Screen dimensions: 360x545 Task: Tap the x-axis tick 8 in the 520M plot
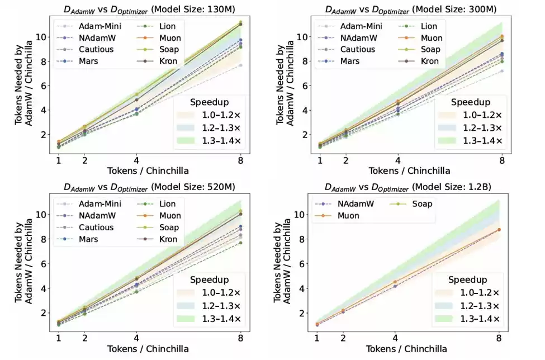[x=240, y=338]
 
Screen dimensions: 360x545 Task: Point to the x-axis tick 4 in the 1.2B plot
[x=396, y=338]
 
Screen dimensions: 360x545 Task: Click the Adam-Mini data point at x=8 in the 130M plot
[x=240, y=65]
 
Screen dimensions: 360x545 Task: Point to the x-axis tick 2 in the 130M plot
[x=84, y=160]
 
